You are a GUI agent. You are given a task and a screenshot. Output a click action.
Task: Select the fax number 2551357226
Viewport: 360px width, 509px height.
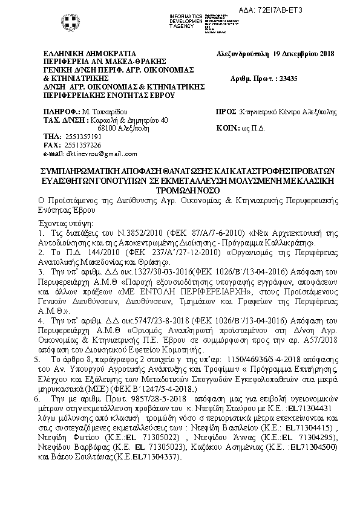[x=67, y=146]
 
